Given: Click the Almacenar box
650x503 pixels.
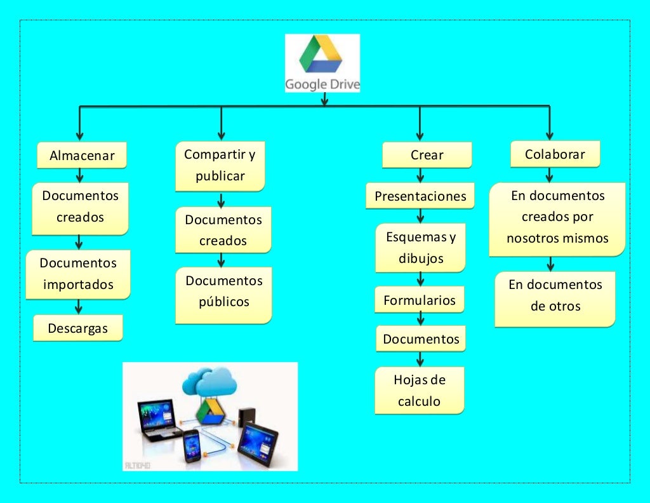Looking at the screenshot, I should click(x=82, y=156).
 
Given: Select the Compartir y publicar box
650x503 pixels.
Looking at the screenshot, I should click(x=220, y=165).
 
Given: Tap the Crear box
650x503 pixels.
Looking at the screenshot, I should click(x=427, y=155).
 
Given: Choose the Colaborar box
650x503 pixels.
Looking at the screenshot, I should click(x=555, y=154).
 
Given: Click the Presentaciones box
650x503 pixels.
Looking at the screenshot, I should click(x=420, y=196).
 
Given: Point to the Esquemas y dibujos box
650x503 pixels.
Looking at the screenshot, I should click(x=420, y=248).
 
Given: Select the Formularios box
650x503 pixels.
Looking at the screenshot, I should click(x=420, y=300).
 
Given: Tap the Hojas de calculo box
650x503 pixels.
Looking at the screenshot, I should click(x=420, y=391).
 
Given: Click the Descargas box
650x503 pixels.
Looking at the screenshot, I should click(x=77, y=328).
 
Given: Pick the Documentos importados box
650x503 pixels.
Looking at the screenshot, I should click(x=78, y=274).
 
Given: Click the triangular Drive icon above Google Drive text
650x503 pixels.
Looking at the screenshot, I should click(x=322, y=55).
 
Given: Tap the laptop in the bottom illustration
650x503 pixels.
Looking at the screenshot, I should click(x=156, y=419).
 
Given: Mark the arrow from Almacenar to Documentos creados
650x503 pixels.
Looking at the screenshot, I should click(x=80, y=175).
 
